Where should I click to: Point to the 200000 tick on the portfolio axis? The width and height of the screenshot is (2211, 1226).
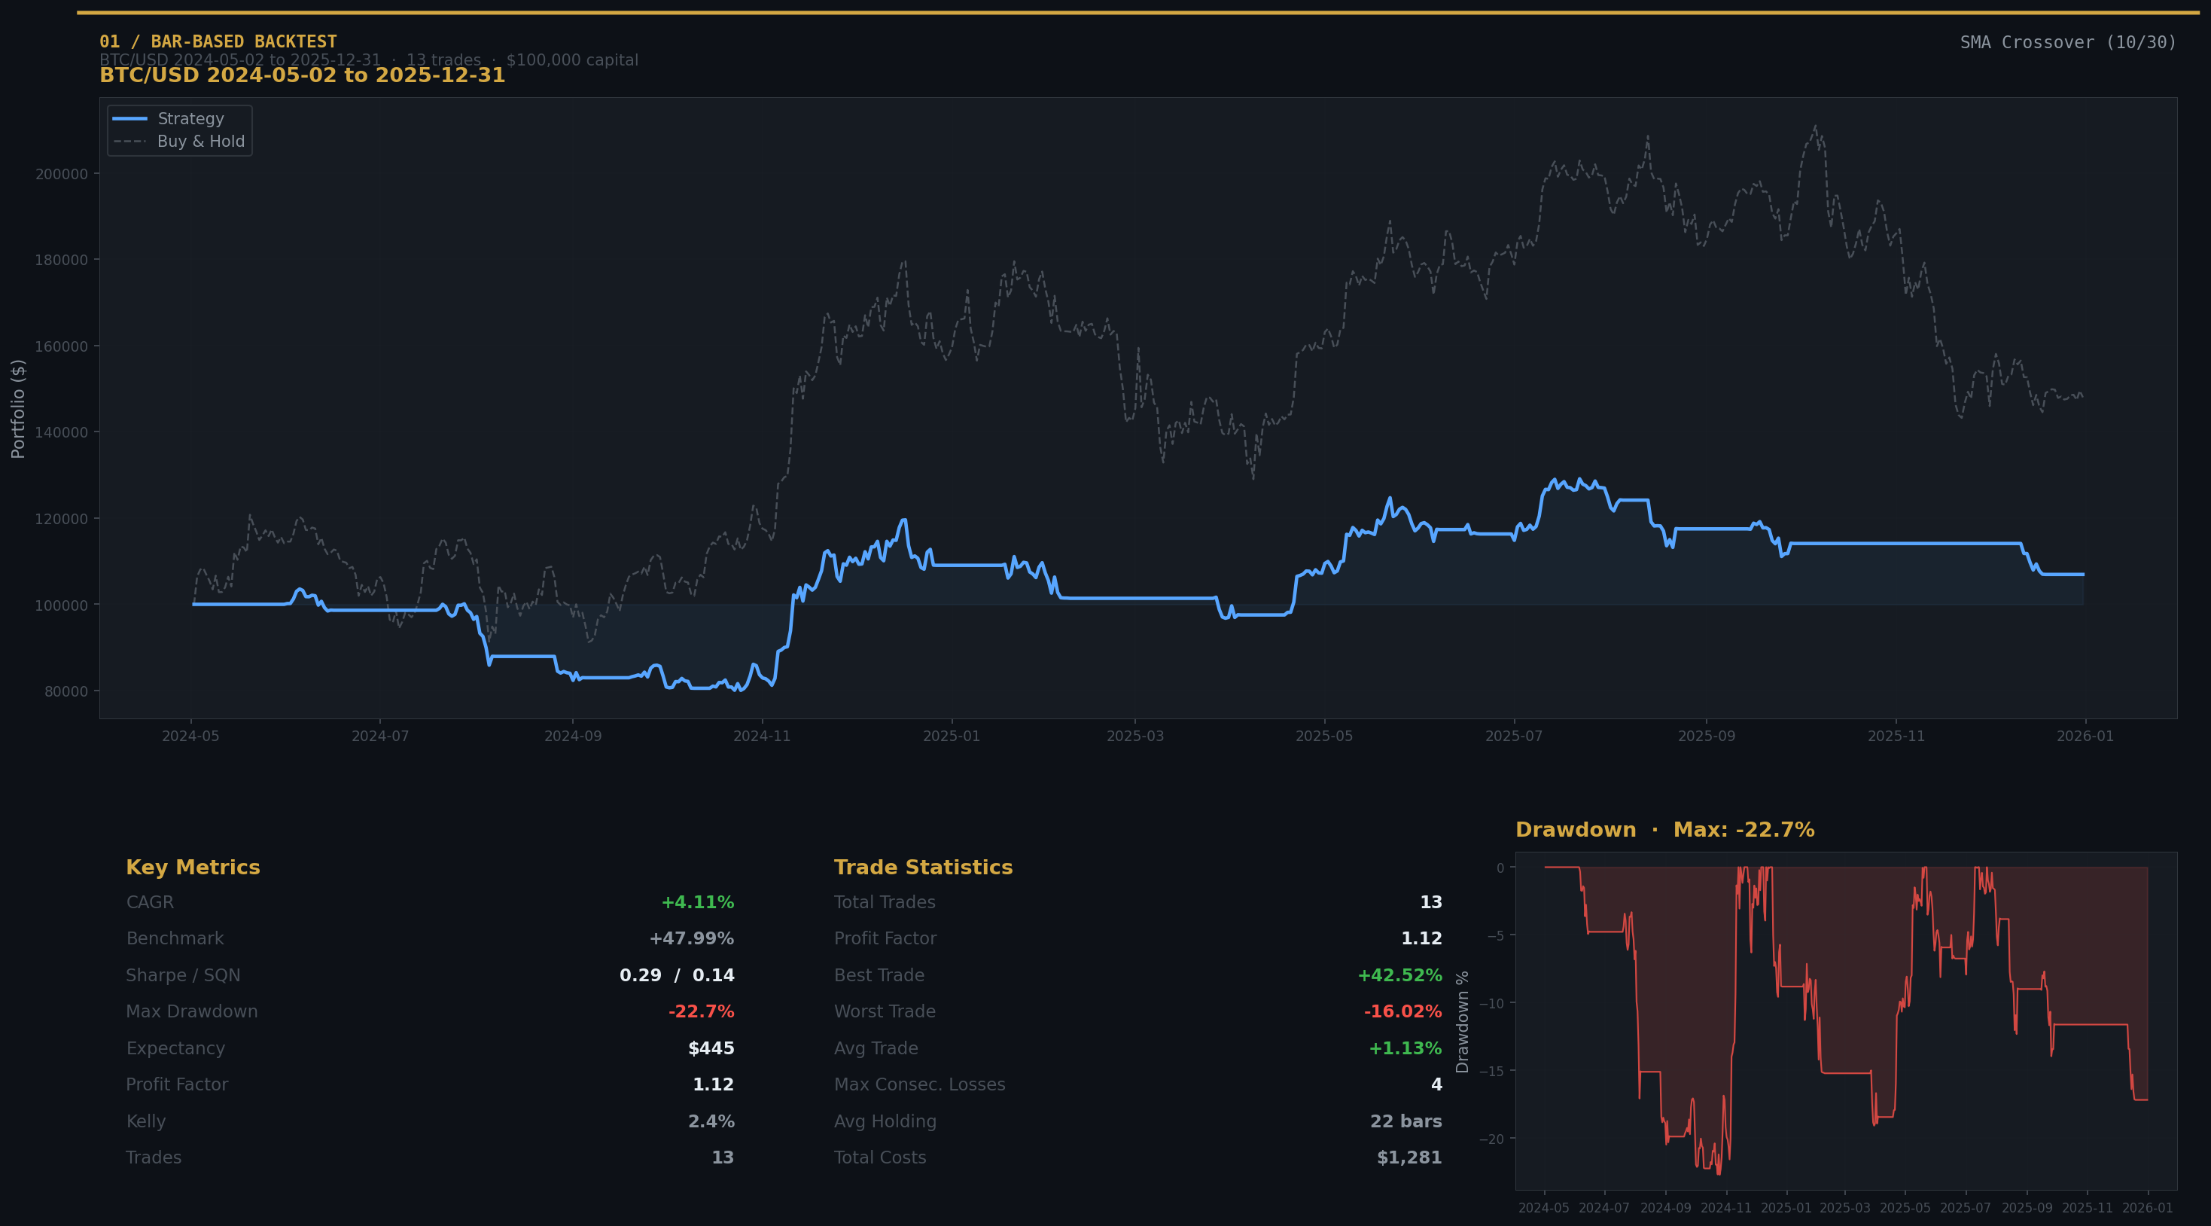[61, 174]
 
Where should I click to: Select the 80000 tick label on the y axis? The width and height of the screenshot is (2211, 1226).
[66, 692]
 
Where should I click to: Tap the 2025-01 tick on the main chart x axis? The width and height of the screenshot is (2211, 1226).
[951, 737]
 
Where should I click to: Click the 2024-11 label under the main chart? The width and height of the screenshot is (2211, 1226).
[761, 737]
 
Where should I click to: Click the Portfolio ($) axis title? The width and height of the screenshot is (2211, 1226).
[18, 409]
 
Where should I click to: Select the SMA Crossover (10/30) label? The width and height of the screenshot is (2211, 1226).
[2068, 42]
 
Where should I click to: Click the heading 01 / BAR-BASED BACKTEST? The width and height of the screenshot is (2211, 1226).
[218, 41]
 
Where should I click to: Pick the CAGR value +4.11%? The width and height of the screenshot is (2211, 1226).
[697, 902]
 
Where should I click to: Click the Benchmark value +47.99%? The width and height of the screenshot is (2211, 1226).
[691, 938]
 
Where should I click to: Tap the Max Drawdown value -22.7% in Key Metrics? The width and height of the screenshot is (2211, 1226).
[700, 1011]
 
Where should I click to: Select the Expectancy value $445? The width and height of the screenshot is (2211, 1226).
[711, 1048]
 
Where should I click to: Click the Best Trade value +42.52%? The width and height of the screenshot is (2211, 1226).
[1399, 975]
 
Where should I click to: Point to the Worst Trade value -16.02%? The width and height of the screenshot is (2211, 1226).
[1402, 1011]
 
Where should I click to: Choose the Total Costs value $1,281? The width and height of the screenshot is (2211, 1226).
[1409, 1157]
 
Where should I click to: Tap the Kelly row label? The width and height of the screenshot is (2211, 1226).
[146, 1121]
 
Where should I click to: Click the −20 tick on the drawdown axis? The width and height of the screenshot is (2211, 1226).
[1492, 1139]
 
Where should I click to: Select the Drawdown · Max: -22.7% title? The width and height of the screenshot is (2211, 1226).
[1664, 830]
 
